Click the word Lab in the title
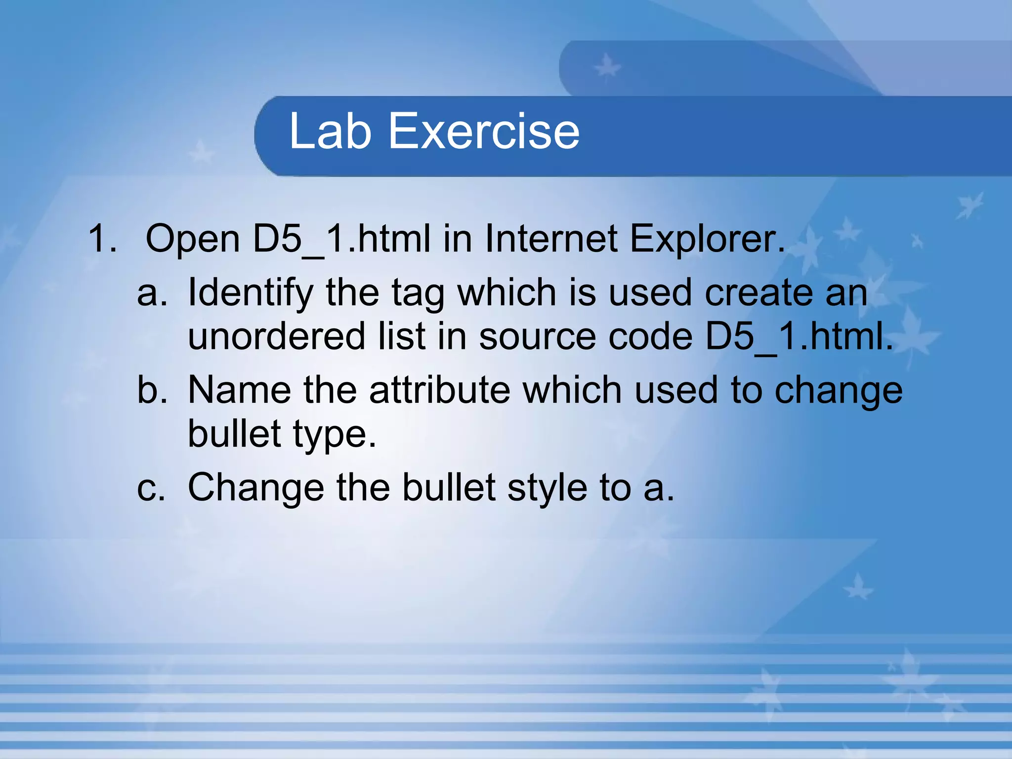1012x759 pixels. (330, 131)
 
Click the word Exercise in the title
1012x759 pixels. (484, 131)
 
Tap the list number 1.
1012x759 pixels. (102, 239)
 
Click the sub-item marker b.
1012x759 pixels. (152, 390)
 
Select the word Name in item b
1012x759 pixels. (239, 390)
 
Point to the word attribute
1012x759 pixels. (439, 390)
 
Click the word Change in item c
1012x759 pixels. (256, 488)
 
